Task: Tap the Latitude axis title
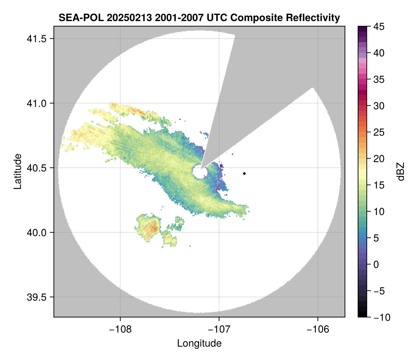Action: (17, 171)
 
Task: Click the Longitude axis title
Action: (199, 343)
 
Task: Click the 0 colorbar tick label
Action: (376, 264)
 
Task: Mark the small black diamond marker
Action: (245, 173)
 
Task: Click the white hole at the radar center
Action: (199, 172)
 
